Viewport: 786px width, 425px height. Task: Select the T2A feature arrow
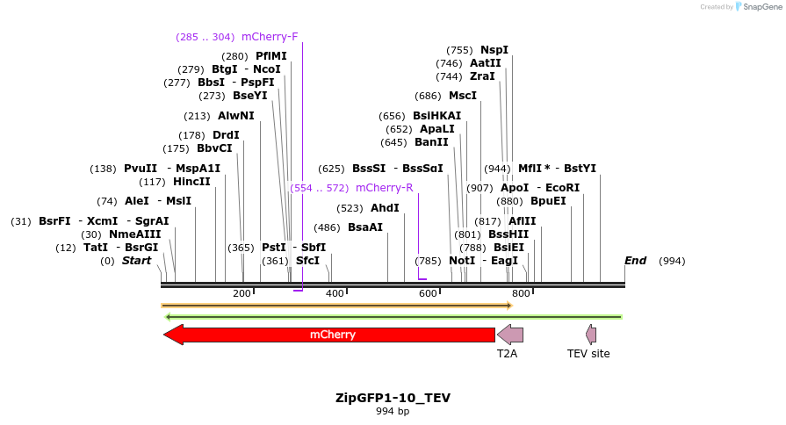tap(510, 335)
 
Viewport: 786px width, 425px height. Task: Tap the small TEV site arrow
tap(591, 334)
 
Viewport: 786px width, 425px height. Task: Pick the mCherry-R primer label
tap(384, 188)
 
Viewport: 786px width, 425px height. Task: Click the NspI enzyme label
tap(494, 50)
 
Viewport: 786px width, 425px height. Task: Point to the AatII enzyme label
tap(485, 63)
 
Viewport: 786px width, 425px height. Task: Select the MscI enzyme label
tap(463, 96)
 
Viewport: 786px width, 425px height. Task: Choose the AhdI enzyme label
tap(385, 208)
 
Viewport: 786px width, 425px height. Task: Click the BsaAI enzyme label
tap(365, 227)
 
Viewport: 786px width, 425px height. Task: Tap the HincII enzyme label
tap(191, 182)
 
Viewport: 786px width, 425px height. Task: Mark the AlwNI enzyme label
tap(236, 116)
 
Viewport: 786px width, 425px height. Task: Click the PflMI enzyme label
tap(271, 56)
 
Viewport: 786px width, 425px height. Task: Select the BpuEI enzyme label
tap(548, 201)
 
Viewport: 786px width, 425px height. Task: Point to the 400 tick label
tap(335, 293)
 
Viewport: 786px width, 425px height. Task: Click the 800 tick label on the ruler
tap(520, 293)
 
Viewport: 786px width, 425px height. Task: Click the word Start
tap(136, 261)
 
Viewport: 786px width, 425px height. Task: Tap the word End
tap(635, 261)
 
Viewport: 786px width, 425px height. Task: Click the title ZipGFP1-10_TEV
tap(393, 398)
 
